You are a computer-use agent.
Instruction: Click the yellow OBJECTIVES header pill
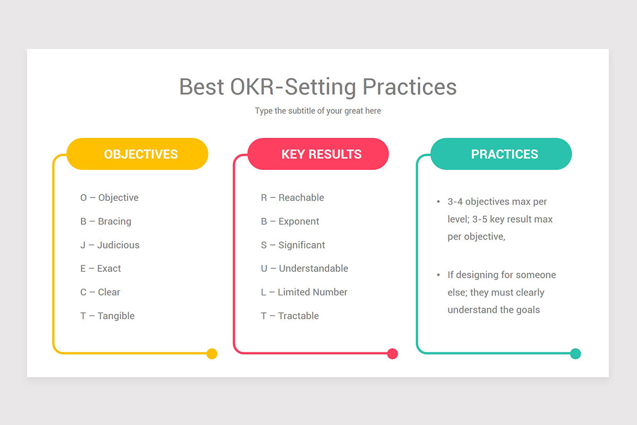[x=137, y=154]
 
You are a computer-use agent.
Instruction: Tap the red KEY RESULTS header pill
[x=318, y=154]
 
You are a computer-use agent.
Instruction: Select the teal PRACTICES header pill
[x=501, y=154]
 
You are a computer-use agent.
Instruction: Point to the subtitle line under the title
[x=318, y=110]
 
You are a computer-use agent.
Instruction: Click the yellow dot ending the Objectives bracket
[x=212, y=354]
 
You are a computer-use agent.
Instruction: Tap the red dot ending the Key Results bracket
[x=392, y=354]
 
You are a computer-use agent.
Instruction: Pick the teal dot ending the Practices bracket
[x=575, y=354]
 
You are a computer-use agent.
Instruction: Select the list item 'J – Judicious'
[x=110, y=245]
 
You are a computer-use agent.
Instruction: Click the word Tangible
[x=116, y=316]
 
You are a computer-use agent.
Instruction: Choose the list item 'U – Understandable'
[x=304, y=268]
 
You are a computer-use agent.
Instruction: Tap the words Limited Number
[x=313, y=292]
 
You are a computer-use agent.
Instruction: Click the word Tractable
[x=298, y=316]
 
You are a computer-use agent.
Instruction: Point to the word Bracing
[x=115, y=222]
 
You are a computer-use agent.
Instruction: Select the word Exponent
[x=298, y=222]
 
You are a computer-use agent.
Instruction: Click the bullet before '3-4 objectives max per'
[x=438, y=202]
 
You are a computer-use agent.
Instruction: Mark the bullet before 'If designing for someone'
[x=438, y=275]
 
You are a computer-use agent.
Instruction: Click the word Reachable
[x=301, y=198]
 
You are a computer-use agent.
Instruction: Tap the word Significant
[x=302, y=245]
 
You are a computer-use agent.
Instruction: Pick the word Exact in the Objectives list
[x=109, y=268]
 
